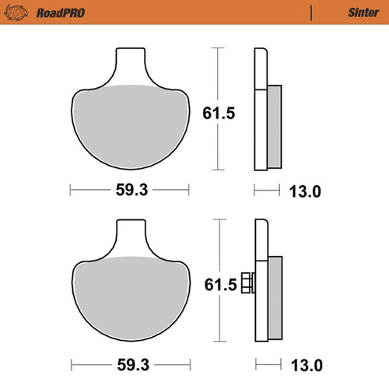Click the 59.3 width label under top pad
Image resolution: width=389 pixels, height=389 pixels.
tap(129, 189)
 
